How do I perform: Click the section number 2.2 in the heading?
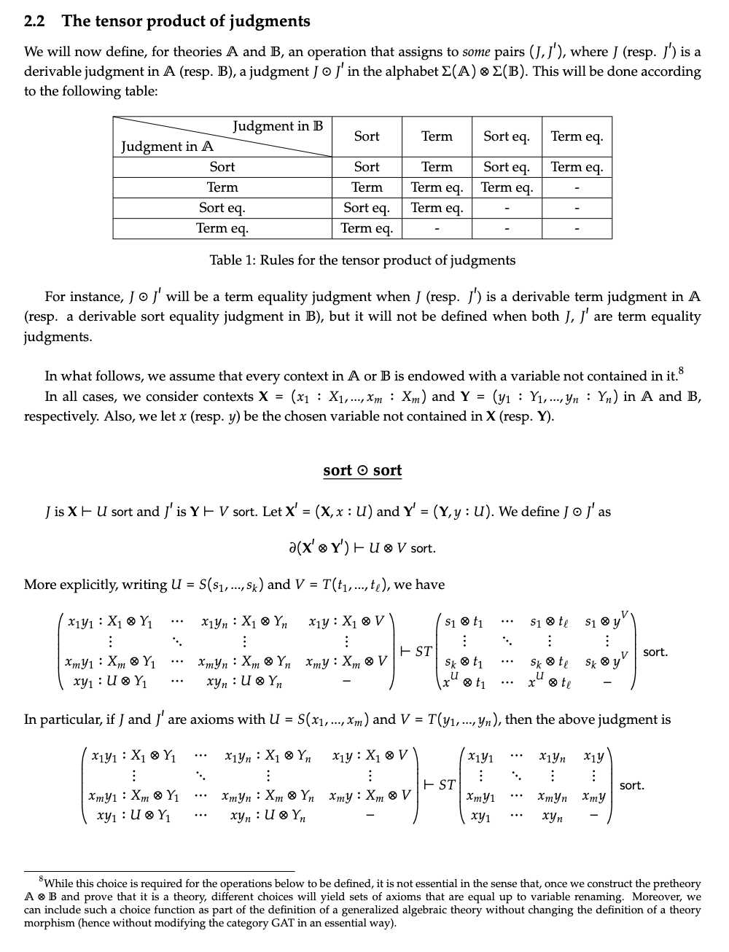[34, 21]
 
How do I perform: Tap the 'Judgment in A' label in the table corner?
[167, 147]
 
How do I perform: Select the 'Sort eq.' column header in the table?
[507, 136]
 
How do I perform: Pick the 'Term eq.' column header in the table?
[577, 136]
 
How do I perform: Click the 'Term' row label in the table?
[222, 187]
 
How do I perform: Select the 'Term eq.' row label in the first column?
[222, 228]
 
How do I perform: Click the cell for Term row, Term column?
[437, 187]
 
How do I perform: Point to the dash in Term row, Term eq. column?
[577, 188]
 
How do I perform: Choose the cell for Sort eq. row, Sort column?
[367, 208]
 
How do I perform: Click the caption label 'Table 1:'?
[233, 260]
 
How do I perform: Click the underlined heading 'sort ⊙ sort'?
[362, 470]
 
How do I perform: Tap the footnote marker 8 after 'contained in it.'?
[681, 370]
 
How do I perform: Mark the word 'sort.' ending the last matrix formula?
[632, 786]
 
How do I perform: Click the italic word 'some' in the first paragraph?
[476, 52]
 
